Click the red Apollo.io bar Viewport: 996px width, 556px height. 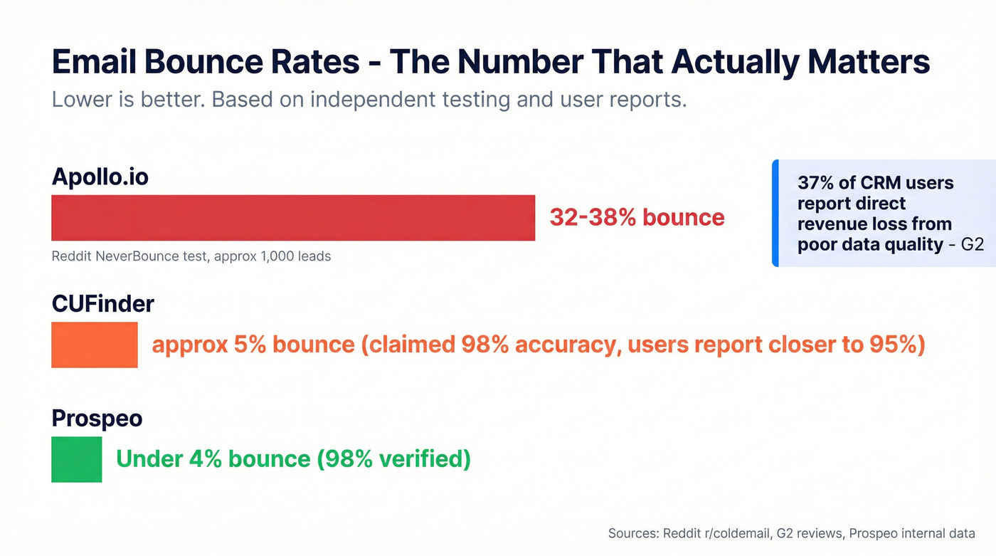(293, 218)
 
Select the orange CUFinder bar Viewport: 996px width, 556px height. (94, 345)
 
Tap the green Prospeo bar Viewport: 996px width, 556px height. (77, 459)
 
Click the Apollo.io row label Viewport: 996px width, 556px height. (100, 176)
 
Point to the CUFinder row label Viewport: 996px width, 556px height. (103, 304)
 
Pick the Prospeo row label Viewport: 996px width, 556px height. (97, 419)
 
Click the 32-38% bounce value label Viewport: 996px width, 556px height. (637, 218)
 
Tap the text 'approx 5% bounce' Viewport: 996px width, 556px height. (253, 345)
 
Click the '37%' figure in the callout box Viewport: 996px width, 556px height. (816, 183)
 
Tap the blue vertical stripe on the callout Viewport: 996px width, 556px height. (775, 213)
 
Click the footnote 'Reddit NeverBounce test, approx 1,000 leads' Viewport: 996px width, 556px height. (191, 256)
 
